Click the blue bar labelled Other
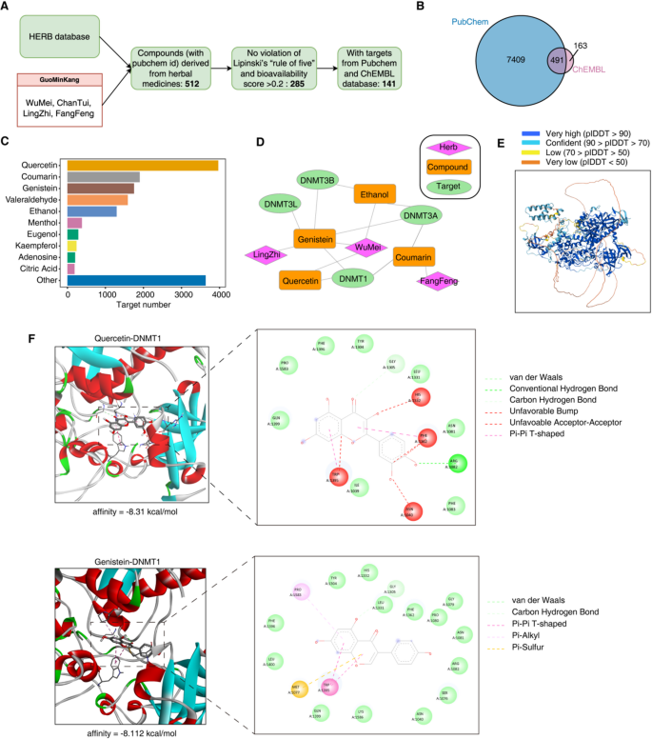click(136, 280)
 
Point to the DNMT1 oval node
click(353, 278)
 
